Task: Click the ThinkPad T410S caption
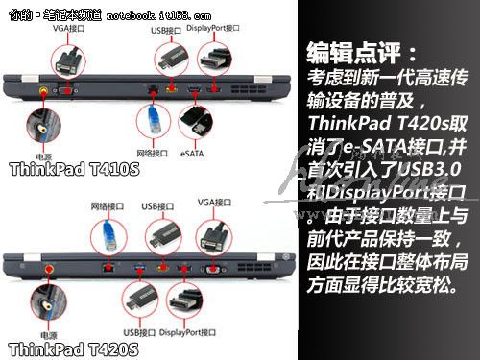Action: (75, 169)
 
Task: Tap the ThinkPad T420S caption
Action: (74, 348)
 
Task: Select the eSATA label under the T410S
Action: (192, 154)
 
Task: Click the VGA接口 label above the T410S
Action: (68, 28)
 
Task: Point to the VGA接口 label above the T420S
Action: (214, 203)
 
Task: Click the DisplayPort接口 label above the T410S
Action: (213, 28)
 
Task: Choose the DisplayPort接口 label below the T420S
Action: (187, 332)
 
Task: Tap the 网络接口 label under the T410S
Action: (152, 154)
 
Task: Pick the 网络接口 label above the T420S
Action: (108, 206)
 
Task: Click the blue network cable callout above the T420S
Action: (108, 237)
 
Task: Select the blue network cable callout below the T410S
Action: (154, 121)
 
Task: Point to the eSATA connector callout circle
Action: (196, 123)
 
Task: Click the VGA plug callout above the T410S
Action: (68, 61)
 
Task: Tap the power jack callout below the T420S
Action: (48, 303)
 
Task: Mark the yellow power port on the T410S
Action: (43, 91)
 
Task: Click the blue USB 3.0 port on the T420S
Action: (139, 268)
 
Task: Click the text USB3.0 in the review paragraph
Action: (430, 170)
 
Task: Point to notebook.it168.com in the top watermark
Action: (158, 15)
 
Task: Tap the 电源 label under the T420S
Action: (48, 335)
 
